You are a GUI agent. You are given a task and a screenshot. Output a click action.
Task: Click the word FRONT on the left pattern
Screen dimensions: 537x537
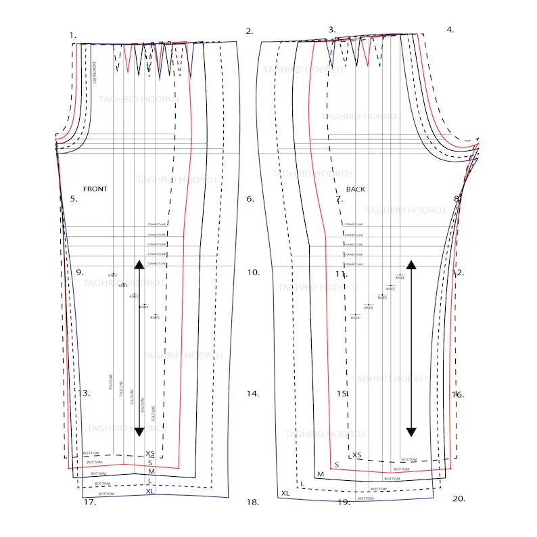pos(95,189)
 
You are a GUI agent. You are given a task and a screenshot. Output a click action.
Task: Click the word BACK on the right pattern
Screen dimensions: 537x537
pos(356,189)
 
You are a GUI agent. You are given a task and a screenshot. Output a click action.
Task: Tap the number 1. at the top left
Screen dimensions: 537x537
pos(72,34)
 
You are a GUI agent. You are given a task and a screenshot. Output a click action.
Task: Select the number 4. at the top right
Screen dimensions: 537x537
pos(450,30)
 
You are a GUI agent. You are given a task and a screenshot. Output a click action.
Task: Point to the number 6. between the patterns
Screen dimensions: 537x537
pos(250,199)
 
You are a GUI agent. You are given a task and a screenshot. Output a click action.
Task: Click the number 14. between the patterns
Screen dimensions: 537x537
pos(253,393)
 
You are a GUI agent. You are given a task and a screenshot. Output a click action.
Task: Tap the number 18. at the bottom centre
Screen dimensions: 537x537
pos(253,502)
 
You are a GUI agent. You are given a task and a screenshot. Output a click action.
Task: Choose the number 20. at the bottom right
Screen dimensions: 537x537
pos(459,498)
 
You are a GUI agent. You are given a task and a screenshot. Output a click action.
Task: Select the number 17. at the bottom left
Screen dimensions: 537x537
pos(89,502)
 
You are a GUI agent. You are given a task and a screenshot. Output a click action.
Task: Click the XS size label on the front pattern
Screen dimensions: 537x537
pos(150,454)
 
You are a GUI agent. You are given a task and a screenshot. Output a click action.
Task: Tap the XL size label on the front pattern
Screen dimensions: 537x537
pos(150,491)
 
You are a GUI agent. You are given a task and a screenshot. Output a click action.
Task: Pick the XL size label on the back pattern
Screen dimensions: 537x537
pos(285,493)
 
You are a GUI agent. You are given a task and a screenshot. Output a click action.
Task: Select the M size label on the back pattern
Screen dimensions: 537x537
pos(321,474)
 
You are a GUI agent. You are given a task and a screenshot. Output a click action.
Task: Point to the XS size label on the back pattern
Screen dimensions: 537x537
pos(357,455)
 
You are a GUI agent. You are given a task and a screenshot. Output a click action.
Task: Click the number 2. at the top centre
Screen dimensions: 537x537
pos(250,31)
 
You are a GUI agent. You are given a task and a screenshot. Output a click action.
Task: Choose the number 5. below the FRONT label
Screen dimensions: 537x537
pos(74,199)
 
